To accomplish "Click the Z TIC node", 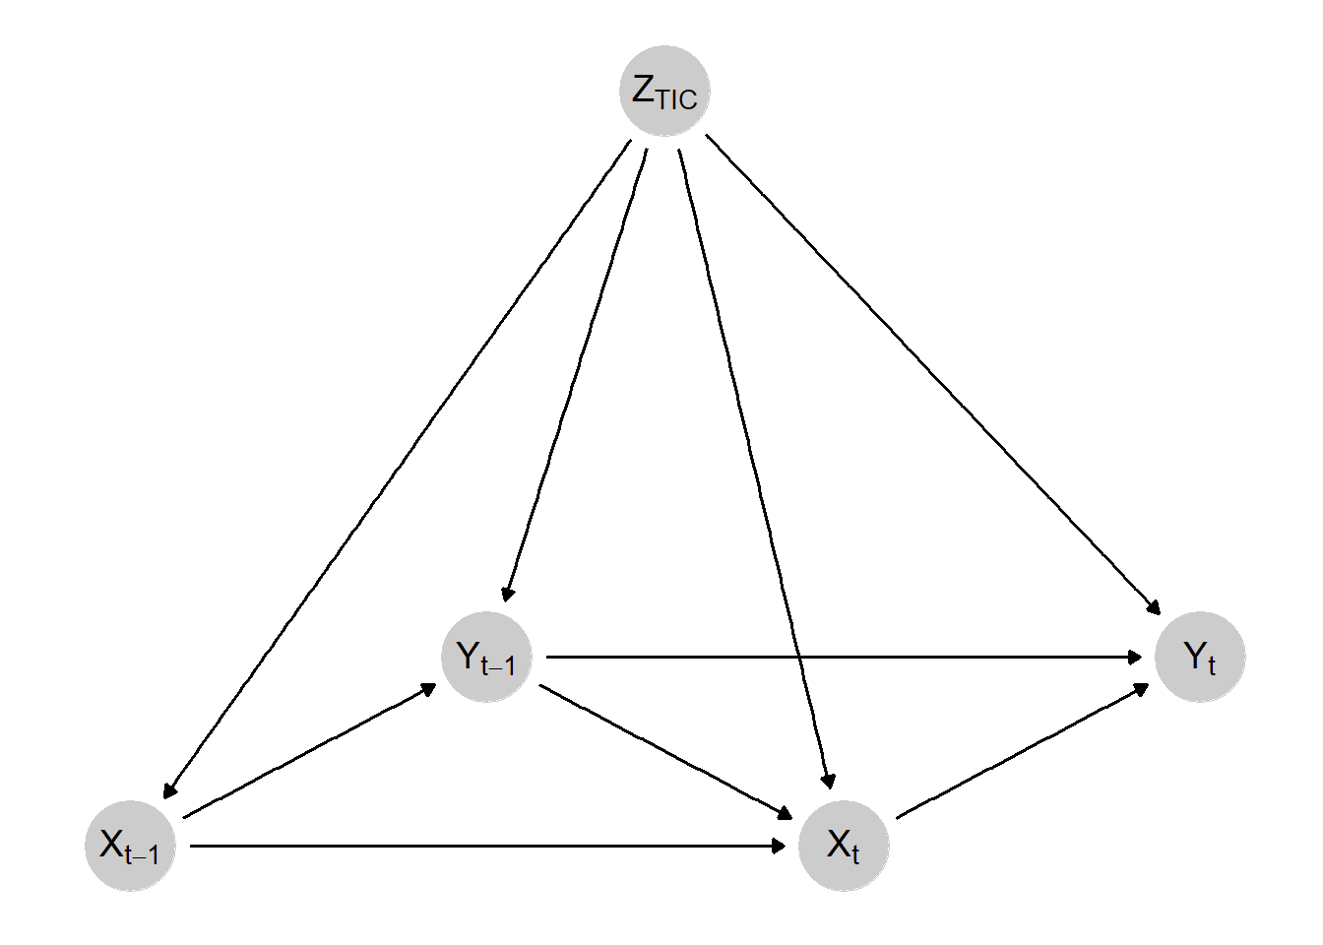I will (664, 91).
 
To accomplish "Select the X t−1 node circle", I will (130, 846).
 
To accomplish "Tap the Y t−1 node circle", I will (486, 657).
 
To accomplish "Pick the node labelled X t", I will (844, 846).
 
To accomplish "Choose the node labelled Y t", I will (1200, 657).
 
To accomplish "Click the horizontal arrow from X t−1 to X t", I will (487, 846).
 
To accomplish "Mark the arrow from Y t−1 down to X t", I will (665, 751).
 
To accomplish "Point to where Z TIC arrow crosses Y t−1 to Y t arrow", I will (799, 657).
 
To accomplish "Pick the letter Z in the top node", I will (644, 89).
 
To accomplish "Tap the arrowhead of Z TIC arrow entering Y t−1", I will (507, 593).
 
